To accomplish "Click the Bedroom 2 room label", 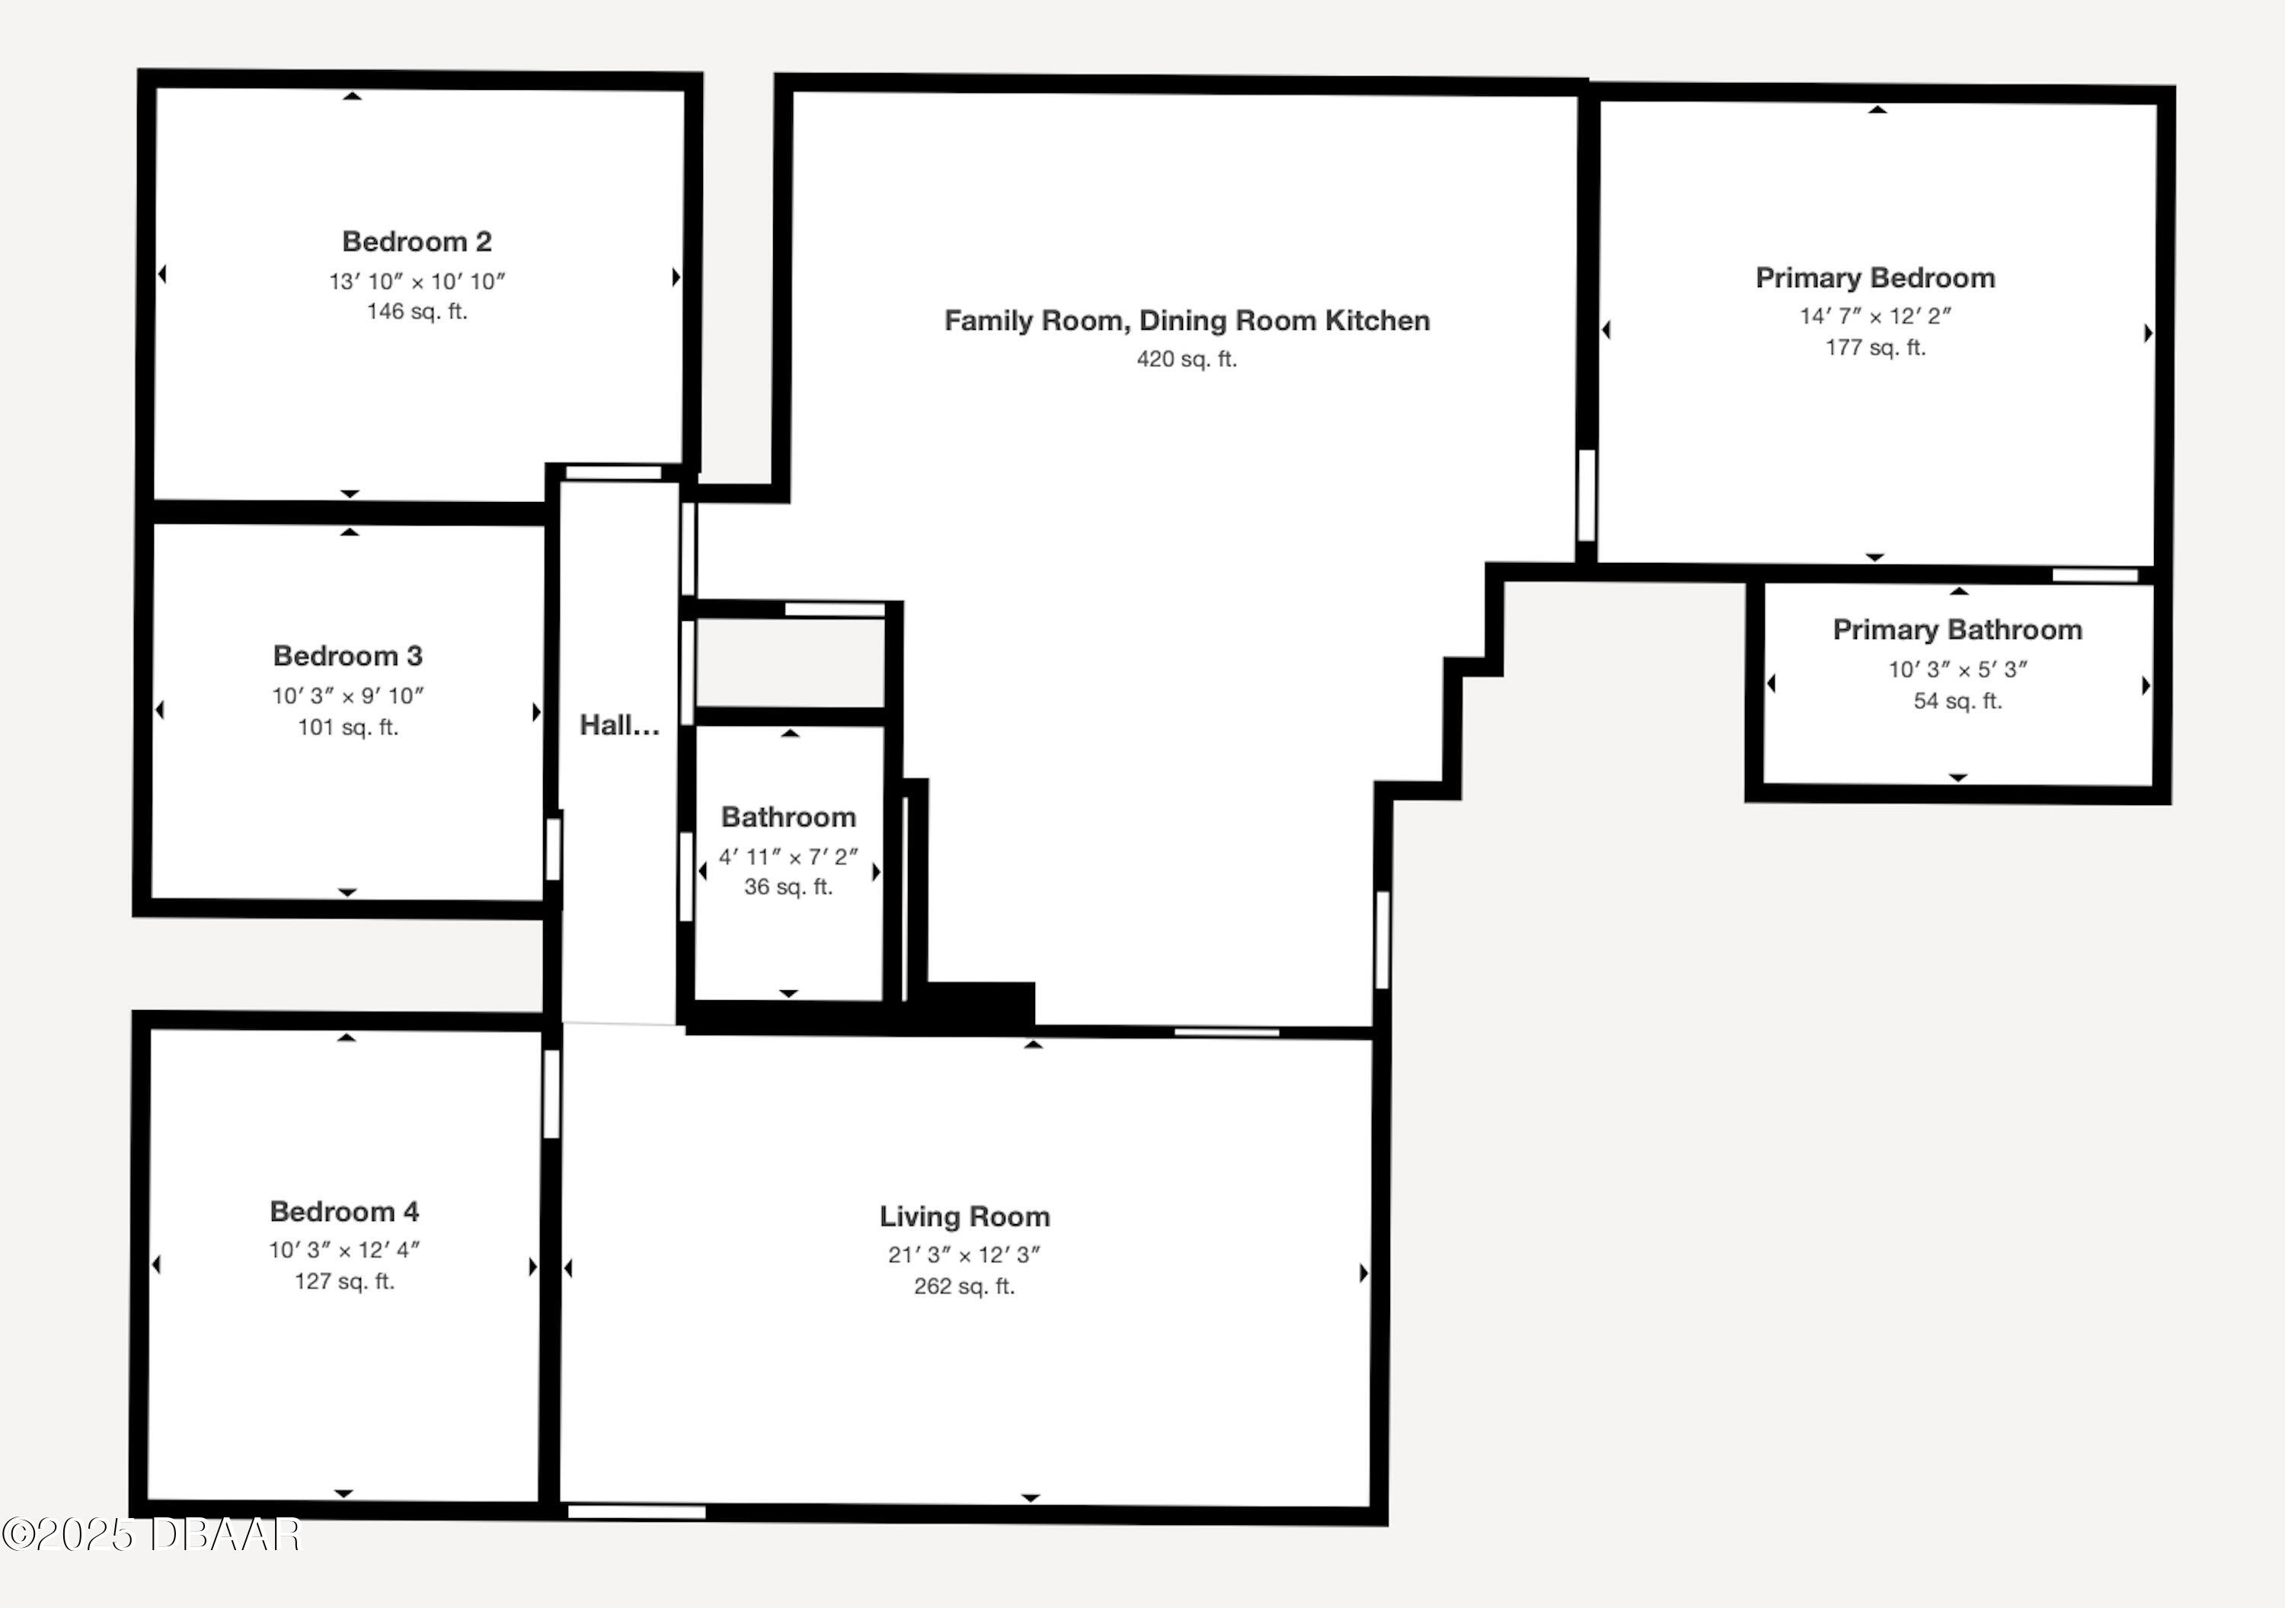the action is click(417, 241).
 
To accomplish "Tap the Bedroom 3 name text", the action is click(348, 656).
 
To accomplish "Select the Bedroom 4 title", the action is click(344, 1211).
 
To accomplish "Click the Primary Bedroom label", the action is click(1875, 277).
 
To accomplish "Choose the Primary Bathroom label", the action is click(1957, 630).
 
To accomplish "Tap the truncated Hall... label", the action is click(619, 725).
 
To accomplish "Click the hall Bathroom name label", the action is click(788, 817).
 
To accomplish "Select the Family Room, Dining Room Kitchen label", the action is click(1186, 321).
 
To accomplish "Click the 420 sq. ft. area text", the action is click(1186, 360).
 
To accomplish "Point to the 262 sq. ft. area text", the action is click(964, 1287).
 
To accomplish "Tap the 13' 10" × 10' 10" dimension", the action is click(417, 282).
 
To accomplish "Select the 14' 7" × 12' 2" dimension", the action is click(1875, 316).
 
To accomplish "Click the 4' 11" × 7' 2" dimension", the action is click(788, 857).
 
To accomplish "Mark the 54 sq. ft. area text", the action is click(1957, 702).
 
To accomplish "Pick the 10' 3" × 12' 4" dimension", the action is click(344, 1250).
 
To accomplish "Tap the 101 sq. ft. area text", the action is click(348, 727).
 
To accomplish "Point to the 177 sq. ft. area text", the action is click(1875, 348).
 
